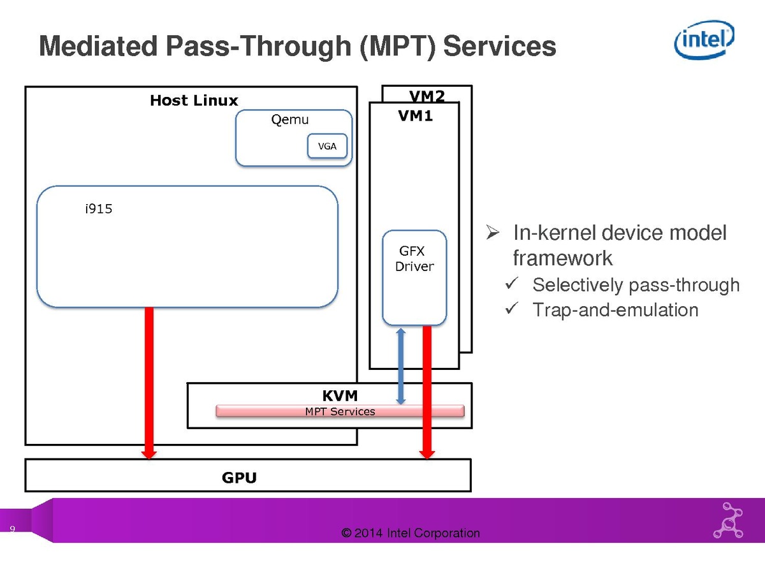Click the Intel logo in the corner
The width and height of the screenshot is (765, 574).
704,40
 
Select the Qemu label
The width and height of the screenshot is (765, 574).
290,120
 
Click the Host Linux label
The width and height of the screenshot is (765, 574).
194,101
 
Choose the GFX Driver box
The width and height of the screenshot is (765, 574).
414,277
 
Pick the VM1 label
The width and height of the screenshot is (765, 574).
415,116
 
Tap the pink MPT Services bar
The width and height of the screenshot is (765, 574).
340,411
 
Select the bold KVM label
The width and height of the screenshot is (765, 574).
340,397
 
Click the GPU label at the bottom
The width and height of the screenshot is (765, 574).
239,478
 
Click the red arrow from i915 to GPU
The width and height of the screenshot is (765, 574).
149,383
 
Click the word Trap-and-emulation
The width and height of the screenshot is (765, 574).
615,311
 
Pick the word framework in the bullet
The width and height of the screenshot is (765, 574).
562,258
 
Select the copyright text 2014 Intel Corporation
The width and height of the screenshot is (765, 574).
411,533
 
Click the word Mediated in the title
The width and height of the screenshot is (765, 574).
98,47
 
